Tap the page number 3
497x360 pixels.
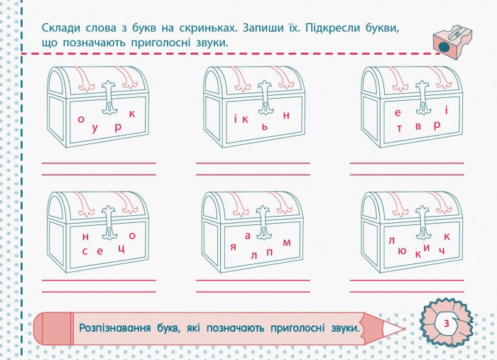click(446, 323)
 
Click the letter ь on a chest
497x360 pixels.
click(265, 126)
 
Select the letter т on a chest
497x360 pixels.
click(400, 128)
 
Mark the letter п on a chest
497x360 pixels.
click(269, 251)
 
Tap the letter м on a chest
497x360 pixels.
click(287, 242)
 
